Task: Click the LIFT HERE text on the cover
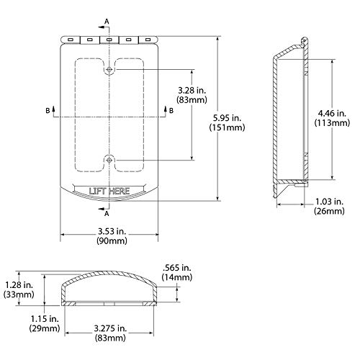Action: [x=108, y=191]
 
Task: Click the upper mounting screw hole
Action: [x=108, y=70]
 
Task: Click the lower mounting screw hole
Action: [x=108, y=159]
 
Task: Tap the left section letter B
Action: [x=48, y=110]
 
